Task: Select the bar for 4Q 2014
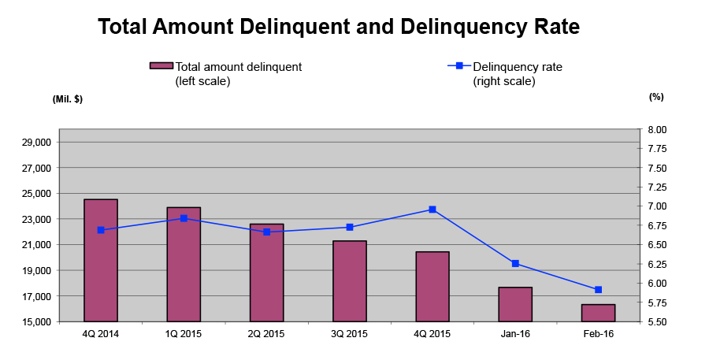[101, 261]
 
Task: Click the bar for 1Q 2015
[184, 265]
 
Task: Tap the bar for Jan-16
[515, 304]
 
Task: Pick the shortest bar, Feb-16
[598, 313]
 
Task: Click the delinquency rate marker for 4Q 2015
[432, 210]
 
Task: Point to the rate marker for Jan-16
[515, 263]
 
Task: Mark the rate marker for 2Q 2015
[267, 232]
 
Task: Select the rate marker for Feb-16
[598, 289]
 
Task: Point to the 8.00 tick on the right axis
[656, 129]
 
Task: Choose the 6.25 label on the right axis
[656, 264]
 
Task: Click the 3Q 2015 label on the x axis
[350, 334]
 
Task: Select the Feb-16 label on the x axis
[598, 334]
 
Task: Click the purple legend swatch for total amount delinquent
[161, 66]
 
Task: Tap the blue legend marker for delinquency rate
[459, 66]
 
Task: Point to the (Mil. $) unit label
[68, 99]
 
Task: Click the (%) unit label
[656, 97]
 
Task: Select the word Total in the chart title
[123, 27]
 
